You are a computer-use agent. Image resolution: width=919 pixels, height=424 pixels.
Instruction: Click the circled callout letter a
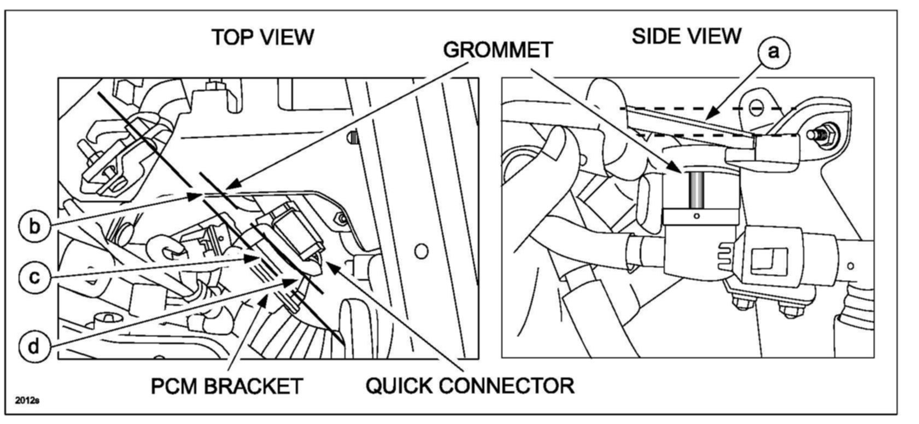(x=773, y=52)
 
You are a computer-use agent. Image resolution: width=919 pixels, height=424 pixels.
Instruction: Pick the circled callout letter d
(x=33, y=346)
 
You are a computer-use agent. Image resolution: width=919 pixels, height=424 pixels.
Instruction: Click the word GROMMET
(x=497, y=50)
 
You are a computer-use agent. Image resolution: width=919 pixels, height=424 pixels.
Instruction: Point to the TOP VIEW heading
(x=263, y=37)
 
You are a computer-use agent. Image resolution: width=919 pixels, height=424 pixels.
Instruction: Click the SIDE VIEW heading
(x=687, y=37)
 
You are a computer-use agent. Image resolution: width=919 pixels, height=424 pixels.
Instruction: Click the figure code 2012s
(x=27, y=401)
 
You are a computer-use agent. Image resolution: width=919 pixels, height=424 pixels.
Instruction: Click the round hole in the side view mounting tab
(x=756, y=106)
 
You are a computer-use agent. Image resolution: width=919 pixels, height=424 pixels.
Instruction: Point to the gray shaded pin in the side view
(x=696, y=189)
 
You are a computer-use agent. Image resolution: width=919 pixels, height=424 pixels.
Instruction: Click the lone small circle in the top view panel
(x=421, y=252)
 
